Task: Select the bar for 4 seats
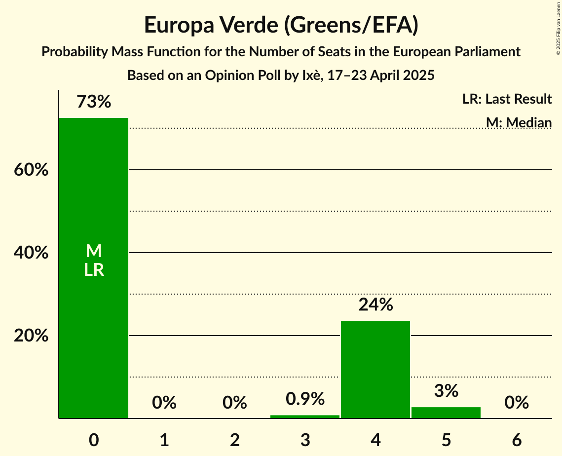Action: (x=375, y=370)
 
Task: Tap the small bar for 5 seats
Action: (x=446, y=413)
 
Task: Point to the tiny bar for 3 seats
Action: (x=305, y=417)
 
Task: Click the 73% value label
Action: (x=94, y=102)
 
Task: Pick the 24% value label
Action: (x=375, y=305)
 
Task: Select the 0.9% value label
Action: (x=305, y=399)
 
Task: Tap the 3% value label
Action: (x=446, y=391)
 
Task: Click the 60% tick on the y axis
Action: (x=31, y=170)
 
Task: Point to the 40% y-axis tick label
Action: (x=31, y=253)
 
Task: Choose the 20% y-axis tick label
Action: (x=31, y=336)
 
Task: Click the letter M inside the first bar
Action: (x=94, y=252)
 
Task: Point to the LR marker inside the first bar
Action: (x=94, y=270)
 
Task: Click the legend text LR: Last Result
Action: (x=507, y=99)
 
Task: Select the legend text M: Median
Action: (x=518, y=122)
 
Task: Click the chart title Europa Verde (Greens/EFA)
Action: (x=281, y=26)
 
